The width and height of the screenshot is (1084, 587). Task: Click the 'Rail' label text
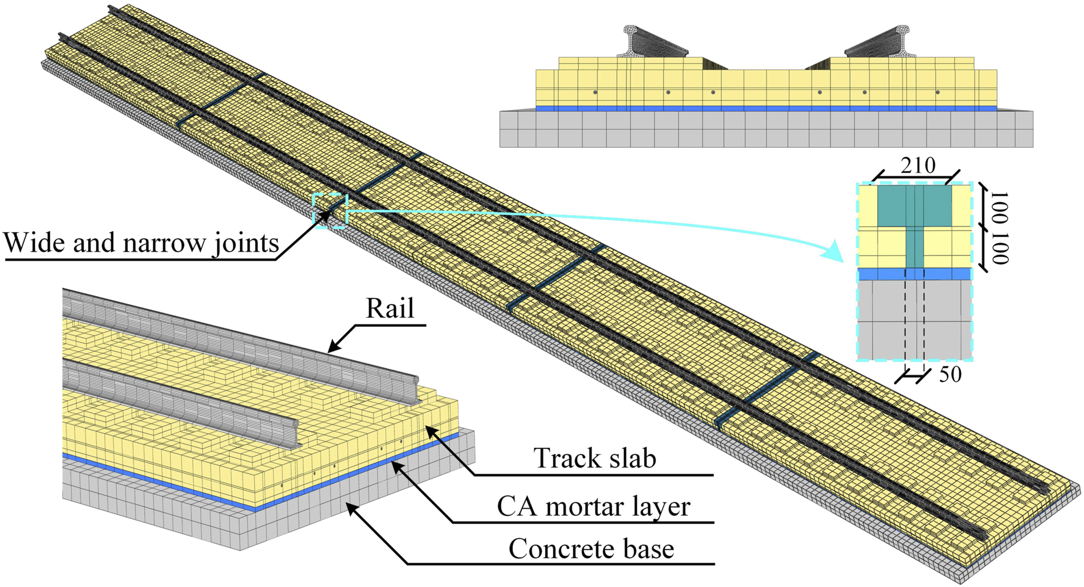[x=390, y=308]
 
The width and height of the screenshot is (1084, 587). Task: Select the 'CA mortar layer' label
[x=593, y=506]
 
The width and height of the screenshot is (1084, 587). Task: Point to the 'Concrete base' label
[x=591, y=549]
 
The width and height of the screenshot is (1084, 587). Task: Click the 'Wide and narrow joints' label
[x=141, y=243]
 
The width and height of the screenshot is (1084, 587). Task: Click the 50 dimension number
[x=950, y=374]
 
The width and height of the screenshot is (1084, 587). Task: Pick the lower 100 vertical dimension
[x=1000, y=247]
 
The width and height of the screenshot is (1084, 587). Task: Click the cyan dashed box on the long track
[x=330, y=211]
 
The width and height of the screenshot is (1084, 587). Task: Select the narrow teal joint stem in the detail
[x=915, y=247]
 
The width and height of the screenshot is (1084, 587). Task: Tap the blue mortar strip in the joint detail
[x=914, y=274]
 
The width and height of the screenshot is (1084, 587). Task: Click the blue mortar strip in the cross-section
[x=766, y=108]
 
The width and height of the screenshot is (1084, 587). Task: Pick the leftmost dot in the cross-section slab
[x=595, y=92]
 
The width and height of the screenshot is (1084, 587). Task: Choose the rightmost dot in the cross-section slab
[x=938, y=92]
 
